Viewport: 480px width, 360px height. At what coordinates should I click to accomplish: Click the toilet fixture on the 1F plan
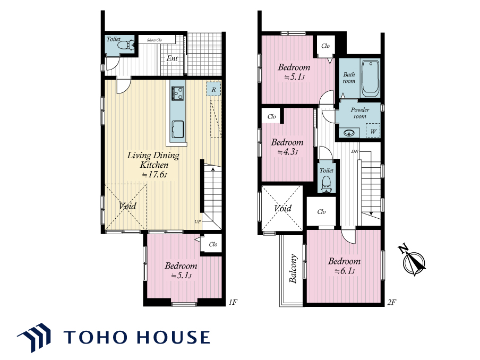coord(126,46)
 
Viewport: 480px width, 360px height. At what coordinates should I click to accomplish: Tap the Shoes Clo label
coord(155,40)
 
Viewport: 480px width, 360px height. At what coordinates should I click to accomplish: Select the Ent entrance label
coord(172,58)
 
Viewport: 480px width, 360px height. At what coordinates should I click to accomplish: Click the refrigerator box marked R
coord(213,89)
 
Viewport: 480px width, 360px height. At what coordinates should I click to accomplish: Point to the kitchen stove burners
coord(177,93)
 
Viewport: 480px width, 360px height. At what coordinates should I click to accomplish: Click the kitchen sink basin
coord(177,130)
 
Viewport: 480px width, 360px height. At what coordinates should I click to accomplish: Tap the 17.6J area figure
coord(155,175)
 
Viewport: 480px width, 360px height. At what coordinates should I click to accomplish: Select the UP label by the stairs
coord(198,221)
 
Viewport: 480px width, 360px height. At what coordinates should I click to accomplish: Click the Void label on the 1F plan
coord(127,205)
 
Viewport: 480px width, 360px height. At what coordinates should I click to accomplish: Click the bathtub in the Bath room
coord(371,79)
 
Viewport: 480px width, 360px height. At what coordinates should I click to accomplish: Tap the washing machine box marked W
coord(373,131)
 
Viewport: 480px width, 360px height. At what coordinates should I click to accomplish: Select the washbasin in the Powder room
coord(349,133)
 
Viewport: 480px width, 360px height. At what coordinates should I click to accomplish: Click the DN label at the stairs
coord(355,151)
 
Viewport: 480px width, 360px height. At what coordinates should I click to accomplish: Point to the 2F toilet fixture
coord(327,184)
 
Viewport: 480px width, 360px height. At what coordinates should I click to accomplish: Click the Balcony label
coord(293,269)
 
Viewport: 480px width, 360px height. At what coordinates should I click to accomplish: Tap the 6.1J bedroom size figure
coord(345,271)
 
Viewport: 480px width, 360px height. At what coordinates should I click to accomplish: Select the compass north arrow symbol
coord(413,260)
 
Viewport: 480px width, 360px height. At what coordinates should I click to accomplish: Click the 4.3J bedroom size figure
coord(287,152)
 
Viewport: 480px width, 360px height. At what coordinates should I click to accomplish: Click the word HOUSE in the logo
coord(173,337)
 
